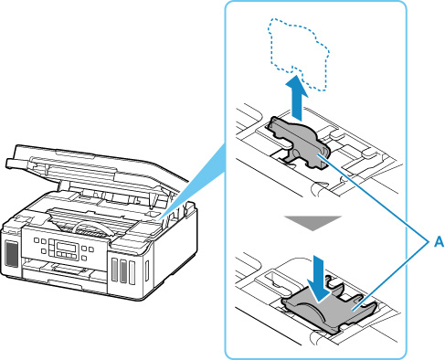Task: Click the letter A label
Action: [439, 242]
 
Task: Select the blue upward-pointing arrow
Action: [298, 98]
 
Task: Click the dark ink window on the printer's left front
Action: [12, 254]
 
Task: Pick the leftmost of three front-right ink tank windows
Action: [114, 270]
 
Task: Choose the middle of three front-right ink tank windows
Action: [123, 270]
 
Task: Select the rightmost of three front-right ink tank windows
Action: [132, 272]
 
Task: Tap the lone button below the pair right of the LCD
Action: [84, 259]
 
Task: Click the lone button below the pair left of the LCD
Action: [44, 251]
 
